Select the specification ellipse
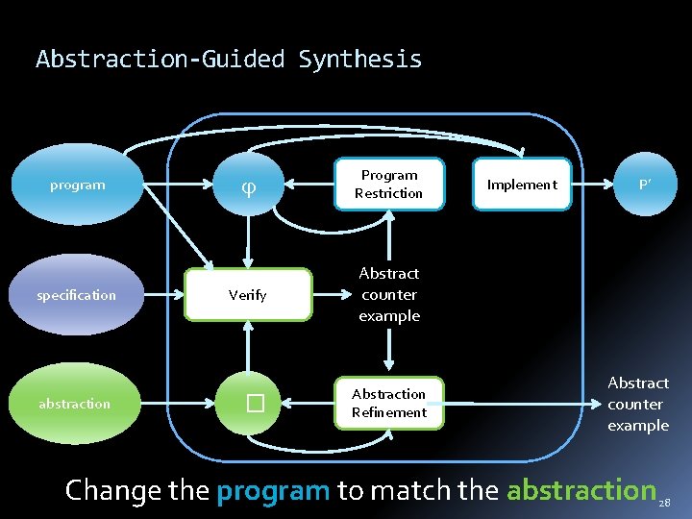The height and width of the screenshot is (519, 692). tap(77, 295)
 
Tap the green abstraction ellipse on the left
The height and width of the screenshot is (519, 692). tap(75, 404)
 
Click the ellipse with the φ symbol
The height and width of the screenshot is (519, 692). tap(249, 185)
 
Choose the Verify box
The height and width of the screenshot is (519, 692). tap(248, 295)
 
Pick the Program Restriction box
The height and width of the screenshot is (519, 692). tap(389, 185)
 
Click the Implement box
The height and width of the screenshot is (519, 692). tap(522, 185)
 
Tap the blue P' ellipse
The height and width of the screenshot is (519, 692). tap(646, 185)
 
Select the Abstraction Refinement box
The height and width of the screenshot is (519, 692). tap(389, 404)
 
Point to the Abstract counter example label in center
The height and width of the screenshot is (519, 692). tap(389, 295)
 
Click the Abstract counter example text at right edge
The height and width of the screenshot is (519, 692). tap(638, 404)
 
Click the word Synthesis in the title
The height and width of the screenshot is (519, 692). tap(360, 60)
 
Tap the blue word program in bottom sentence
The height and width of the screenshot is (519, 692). tap(273, 491)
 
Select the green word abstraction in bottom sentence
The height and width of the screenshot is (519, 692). tap(581, 490)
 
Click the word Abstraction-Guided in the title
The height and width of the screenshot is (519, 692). tap(161, 60)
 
